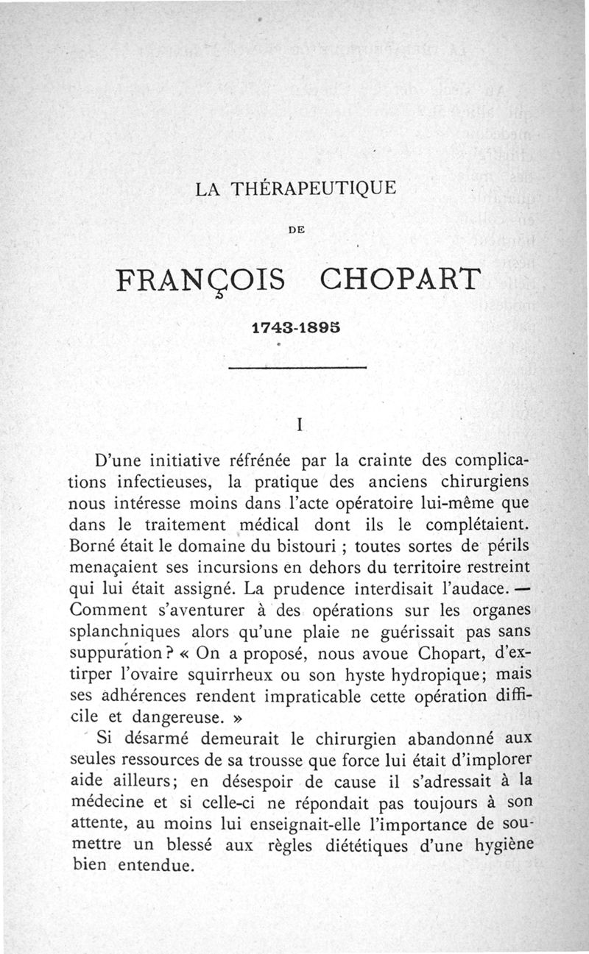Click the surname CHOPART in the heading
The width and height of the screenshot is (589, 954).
(x=401, y=281)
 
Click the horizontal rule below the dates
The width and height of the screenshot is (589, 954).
(x=297, y=368)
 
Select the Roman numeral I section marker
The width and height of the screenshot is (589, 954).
(x=299, y=425)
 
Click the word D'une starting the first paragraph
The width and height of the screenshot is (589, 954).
(x=121, y=463)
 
